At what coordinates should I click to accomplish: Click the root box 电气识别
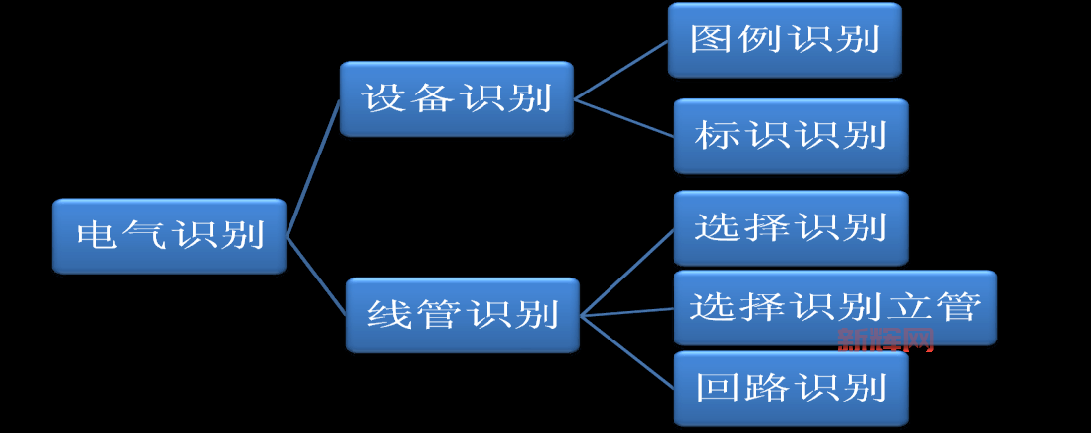[169, 236]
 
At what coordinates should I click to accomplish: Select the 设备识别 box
[456, 98]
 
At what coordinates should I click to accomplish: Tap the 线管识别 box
[462, 315]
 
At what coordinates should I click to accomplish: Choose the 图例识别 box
[784, 40]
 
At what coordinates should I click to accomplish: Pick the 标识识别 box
[790, 136]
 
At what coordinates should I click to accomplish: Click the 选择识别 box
[790, 228]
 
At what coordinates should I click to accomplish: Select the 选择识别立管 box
[834, 307]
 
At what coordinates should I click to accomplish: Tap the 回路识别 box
[790, 388]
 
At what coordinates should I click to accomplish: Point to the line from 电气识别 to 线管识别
[315, 276]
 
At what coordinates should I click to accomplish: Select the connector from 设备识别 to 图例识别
[620, 71]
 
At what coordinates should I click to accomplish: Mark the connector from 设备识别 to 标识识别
[624, 118]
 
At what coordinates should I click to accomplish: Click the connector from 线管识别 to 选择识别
[626, 274]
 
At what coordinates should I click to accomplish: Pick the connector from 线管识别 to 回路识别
[626, 351]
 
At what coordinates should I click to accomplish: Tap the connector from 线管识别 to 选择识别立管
[626, 313]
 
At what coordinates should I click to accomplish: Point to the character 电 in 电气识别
[96, 236]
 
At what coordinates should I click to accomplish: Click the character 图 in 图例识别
[710, 40]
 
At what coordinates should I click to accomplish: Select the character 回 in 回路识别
[716, 388]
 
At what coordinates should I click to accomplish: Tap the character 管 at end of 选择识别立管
[960, 307]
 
